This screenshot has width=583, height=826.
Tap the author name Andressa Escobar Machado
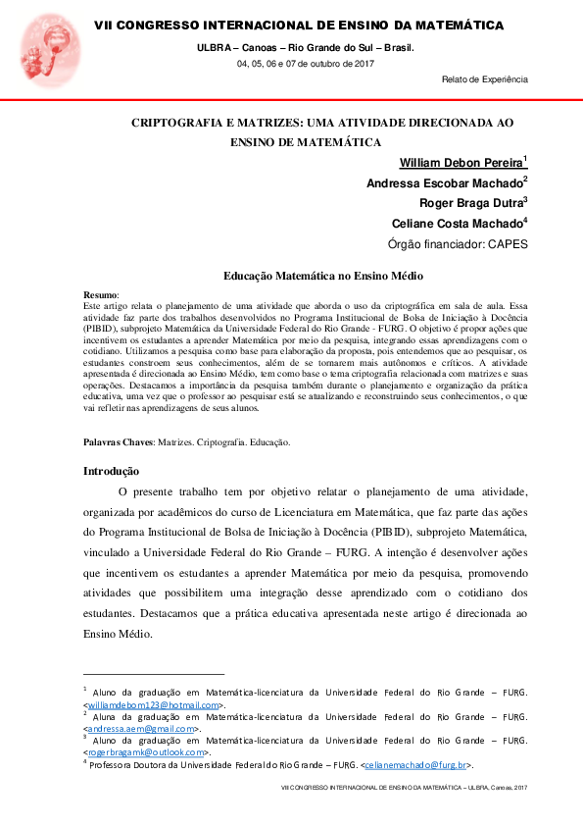point(444,183)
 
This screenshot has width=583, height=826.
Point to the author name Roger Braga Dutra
point(470,204)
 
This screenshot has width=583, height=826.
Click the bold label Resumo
point(100,294)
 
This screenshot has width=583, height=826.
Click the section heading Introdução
point(111,471)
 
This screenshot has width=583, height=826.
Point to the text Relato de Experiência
point(485,78)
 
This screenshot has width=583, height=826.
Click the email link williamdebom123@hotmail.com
point(153,704)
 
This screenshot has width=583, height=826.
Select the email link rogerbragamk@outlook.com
point(147,752)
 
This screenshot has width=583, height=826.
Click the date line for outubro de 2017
point(305,63)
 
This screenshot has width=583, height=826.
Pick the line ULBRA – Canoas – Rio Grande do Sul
point(305,47)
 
